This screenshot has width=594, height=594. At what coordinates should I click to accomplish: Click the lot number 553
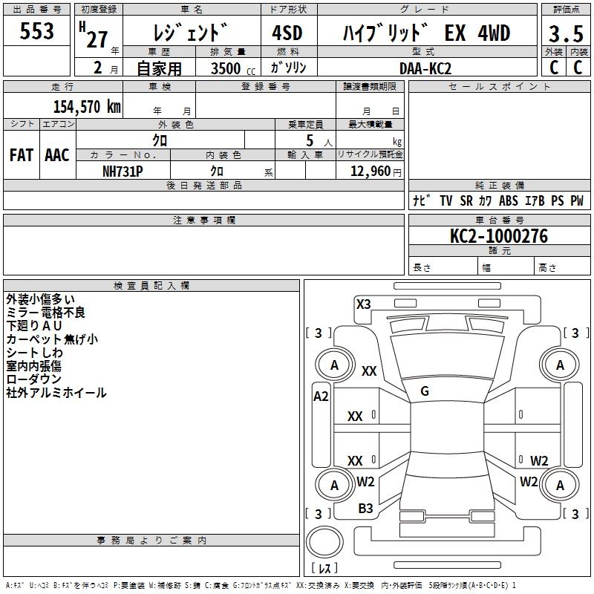(36, 30)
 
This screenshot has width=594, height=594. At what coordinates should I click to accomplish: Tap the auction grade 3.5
(566, 33)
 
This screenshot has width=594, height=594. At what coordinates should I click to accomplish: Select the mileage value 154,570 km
(87, 107)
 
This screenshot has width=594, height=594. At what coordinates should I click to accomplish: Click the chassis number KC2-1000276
(499, 236)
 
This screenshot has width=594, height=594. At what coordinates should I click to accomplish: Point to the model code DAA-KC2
(425, 68)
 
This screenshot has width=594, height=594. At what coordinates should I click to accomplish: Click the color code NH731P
(123, 172)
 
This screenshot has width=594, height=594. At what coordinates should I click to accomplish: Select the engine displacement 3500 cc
(233, 68)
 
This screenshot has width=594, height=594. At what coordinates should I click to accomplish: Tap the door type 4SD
(287, 33)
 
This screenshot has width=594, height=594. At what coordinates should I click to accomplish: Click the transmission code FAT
(22, 155)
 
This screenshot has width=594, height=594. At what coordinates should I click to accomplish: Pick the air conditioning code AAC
(57, 155)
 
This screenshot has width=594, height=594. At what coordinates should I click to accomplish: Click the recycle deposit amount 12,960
(371, 172)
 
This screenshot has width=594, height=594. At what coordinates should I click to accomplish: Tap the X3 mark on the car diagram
(363, 304)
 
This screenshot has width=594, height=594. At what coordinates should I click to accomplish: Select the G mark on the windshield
(425, 391)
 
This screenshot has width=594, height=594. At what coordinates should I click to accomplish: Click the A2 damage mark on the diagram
(321, 396)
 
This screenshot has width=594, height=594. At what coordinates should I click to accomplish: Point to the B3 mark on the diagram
(365, 509)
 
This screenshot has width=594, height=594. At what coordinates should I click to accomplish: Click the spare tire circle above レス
(324, 542)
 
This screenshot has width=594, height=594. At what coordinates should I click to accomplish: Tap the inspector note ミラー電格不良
(45, 313)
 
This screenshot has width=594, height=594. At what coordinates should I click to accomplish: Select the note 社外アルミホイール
(56, 393)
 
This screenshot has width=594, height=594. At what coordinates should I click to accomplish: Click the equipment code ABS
(509, 200)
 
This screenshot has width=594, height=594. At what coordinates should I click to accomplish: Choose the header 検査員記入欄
(151, 286)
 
